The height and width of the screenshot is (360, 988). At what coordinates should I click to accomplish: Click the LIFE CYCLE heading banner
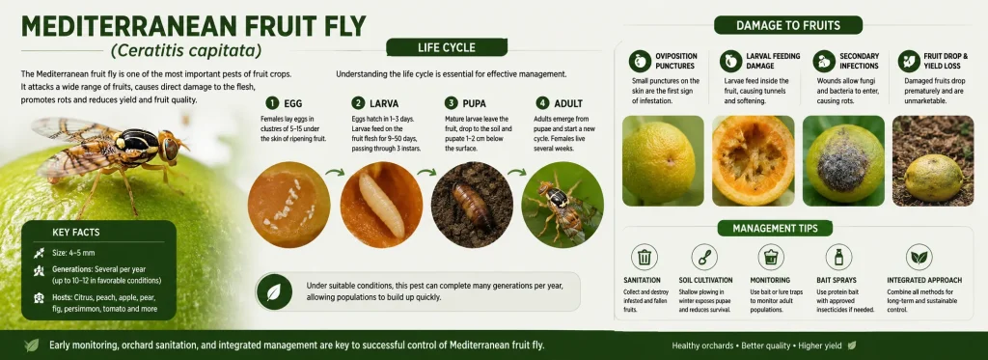point(446,47)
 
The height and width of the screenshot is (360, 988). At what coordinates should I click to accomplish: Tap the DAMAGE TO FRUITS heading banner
point(787,26)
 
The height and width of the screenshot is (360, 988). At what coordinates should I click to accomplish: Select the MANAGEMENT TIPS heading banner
point(775,228)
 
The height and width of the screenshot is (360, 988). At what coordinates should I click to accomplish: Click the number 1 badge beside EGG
point(272,102)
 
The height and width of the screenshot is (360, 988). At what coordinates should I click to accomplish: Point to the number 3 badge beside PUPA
point(451,102)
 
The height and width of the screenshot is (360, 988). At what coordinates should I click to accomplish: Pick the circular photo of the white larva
point(381,204)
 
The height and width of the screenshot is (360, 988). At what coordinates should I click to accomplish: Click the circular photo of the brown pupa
point(472,204)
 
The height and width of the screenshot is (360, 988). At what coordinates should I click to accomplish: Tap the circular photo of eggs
point(289,204)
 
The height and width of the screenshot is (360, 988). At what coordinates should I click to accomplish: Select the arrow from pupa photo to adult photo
point(518,172)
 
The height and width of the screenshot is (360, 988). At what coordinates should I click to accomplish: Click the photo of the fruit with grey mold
point(843,161)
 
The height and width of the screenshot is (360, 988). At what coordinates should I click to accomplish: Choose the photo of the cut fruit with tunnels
point(753,161)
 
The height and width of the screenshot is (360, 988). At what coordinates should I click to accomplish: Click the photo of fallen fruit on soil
point(933,161)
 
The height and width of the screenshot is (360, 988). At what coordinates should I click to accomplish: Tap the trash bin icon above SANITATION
point(644,258)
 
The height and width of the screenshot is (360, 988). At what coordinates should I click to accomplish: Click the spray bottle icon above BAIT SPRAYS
point(838,258)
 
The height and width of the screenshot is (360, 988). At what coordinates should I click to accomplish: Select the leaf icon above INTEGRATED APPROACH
point(919,258)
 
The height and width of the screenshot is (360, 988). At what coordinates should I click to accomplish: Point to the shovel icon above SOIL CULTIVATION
point(703,258)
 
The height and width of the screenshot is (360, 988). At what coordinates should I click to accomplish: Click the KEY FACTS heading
point(75,233)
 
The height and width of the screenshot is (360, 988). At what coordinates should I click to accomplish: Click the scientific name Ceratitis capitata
point(186,50)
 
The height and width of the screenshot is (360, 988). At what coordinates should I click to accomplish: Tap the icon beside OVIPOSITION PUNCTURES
point(640,61)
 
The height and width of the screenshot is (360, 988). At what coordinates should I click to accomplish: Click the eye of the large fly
point(170,148)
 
